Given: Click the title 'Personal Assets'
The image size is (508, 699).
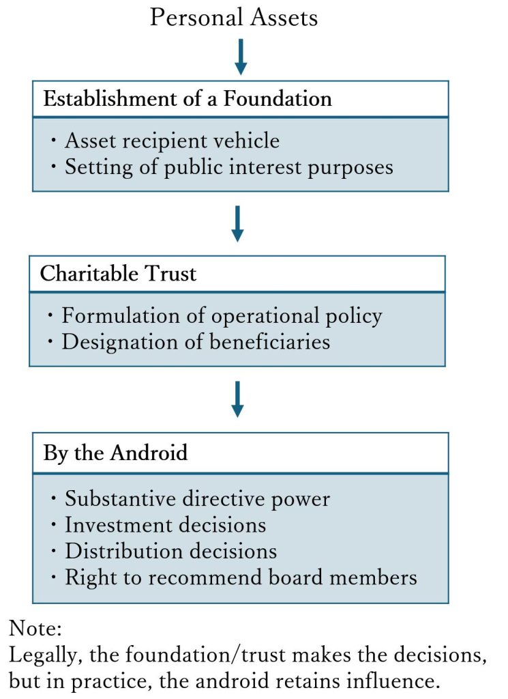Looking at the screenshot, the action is pos(234,18).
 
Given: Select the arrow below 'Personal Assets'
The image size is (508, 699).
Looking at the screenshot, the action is pos(241,57).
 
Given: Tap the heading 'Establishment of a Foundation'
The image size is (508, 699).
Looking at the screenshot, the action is pos(188,98).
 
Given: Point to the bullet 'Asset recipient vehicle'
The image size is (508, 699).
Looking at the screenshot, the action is pos(173,141).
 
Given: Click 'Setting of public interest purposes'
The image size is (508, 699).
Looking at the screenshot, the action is pos(229,168).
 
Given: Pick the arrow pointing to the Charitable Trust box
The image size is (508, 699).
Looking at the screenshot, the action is pos(238,224).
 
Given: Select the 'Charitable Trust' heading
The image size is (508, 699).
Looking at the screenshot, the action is pos(118,273).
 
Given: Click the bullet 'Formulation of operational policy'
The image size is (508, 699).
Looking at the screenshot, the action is pos(222,316).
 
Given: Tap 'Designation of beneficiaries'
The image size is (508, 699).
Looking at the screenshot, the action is pos(196,342).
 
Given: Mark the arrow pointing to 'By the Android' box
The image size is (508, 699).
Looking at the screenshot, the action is pos(238,399).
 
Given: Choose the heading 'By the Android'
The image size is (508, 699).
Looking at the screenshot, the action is pos(115,453).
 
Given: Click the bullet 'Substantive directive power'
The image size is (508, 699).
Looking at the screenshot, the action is pos(197,499).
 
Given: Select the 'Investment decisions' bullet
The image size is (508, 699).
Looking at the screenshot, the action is pos(165,525).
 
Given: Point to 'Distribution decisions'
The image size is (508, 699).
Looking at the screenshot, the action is pos(171,551).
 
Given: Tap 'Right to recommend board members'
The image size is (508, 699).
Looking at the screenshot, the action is pos(241,577).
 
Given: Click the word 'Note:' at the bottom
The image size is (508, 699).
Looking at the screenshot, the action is pos(35,629).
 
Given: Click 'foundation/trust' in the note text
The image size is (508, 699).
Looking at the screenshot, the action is pos(205,655).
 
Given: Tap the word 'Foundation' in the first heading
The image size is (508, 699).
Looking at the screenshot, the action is pos(278,98).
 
